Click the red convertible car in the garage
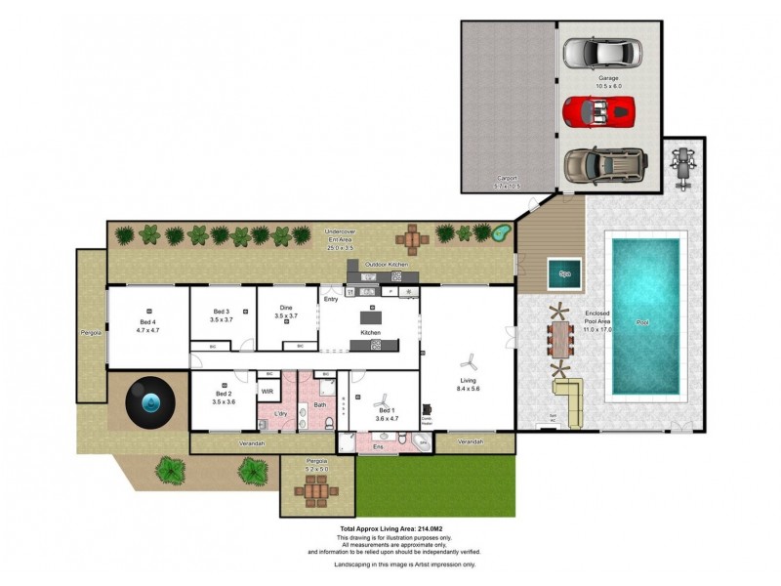pyautogui.click(x=598, y=110)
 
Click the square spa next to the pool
pyautogui.click(x=563, y=273)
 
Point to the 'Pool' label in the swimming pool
pyautogui.click(x=641, y=322)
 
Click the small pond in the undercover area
pyautogui.click(x=502, y=233)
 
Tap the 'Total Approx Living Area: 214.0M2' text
pyautogui.click(x=390, y=528)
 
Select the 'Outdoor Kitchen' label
pyautogui.click(x=386, y=265)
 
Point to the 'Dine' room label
pyautogui.click(x=285, y=307)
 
